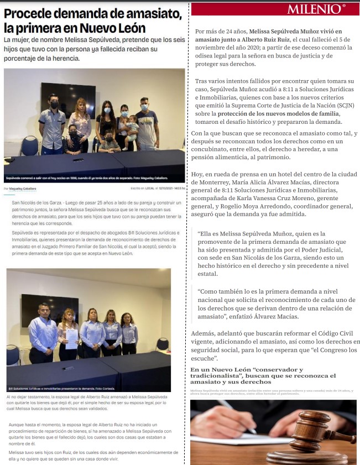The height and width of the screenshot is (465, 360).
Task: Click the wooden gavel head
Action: tap(315, 431)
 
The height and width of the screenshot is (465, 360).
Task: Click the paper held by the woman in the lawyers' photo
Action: tap(71, 337)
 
